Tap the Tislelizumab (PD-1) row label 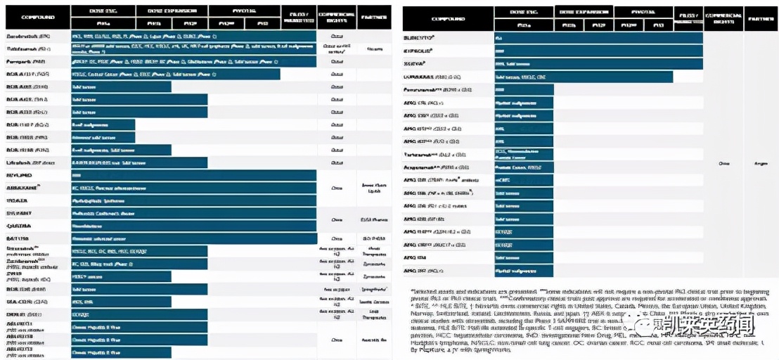[28, 49]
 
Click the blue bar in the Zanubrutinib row [193, 35]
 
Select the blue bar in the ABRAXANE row [193, 188]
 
